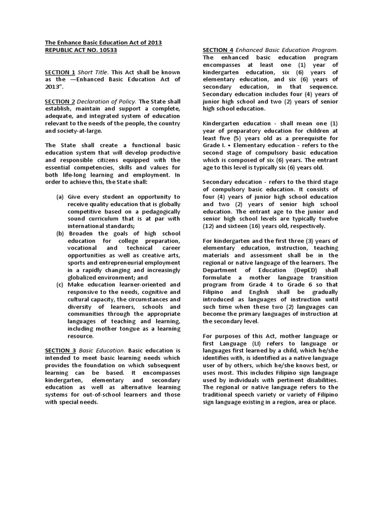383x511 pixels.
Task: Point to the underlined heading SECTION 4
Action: tap(218, 50)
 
